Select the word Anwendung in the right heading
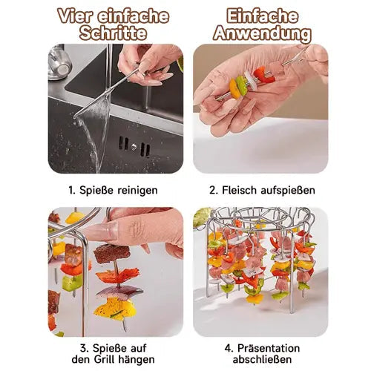(261, 33)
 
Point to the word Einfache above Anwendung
(261, 16)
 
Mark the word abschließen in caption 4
(261, 361)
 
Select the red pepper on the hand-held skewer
(263, 75)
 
